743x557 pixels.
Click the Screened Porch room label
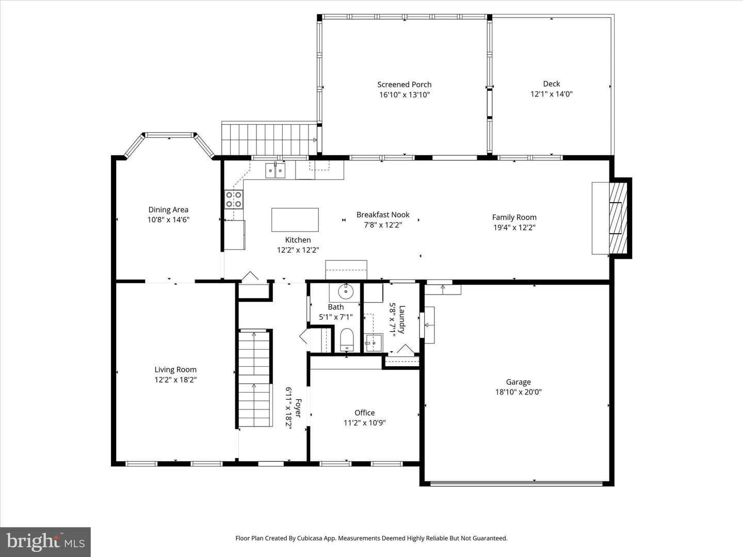(404, 84)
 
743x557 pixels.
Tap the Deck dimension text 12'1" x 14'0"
(551, 94)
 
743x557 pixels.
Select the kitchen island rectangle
(295, 220)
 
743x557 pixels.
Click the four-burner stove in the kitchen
(234, 200)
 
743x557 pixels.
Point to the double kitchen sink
(275, 170)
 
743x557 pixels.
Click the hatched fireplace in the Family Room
(618, 218)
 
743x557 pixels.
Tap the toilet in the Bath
(347, 339)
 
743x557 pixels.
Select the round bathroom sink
(345, 291)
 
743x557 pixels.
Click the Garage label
(518, 382)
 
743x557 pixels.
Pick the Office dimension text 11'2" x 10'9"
(365, 423)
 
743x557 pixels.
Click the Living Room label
(175, 370)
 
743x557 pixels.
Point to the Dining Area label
(168, 210)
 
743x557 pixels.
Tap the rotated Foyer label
(298, 408)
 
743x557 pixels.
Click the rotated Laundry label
(402, 320)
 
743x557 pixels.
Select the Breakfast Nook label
(383, 215)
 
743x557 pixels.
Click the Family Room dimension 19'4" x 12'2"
(514, 227)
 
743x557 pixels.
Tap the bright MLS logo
(45, 542)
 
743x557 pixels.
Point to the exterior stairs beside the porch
(269, 139)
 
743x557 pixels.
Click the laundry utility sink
(374, 342)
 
